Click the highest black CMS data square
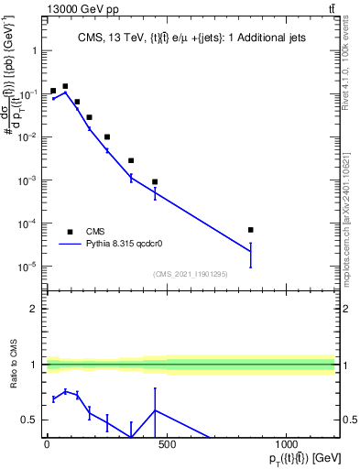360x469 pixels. point(65,86)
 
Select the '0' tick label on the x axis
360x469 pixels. point(47,444)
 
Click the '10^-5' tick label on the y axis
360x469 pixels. point(26,267)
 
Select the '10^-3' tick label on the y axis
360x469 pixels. point(26,180)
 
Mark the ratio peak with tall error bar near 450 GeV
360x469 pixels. point(155,410)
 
